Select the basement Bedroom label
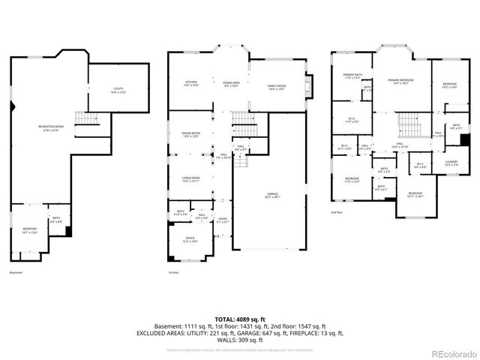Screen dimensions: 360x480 click(x=28, y=230)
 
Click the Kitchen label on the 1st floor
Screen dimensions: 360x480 click(x=190, y=83)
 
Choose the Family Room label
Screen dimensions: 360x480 click(x=277, y=88)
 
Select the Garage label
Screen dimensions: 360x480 click(x=271, y=196)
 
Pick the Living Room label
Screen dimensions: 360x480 click(x=190, y=179)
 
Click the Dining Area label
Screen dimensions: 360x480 click(x=230, y=85)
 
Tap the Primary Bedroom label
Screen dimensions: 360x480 click(x=397, y=82)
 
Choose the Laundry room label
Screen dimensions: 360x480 click(x=451, y=163)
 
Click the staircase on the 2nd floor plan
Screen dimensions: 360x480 click(x=408, y=121)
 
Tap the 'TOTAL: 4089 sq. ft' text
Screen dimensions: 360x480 click(x=240, y=320)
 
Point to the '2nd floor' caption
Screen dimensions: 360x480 click(x=337, y=212)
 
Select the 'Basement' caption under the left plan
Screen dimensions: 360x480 click(x=16, y=272)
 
